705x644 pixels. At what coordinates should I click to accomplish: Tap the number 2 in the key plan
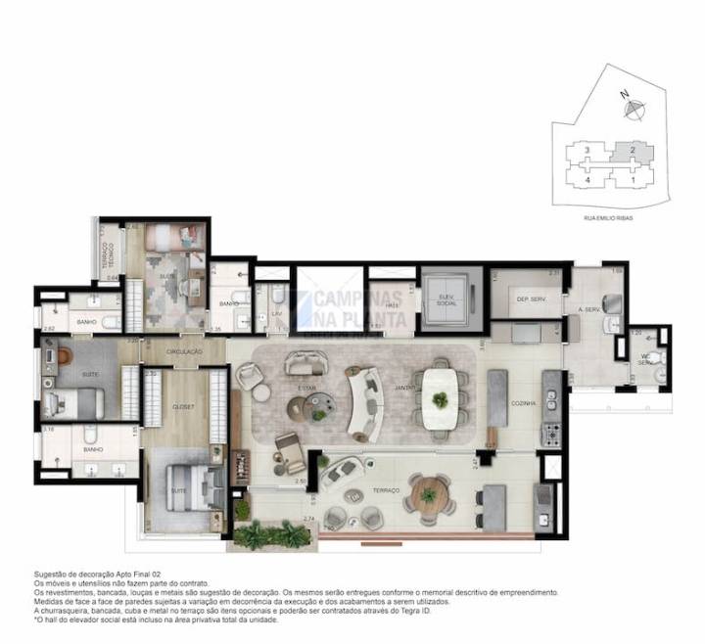(633, 150)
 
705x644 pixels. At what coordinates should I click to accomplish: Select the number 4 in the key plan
(586, 181)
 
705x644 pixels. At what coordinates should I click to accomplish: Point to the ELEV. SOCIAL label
(446, 299)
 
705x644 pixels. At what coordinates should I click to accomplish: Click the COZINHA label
(524, 402)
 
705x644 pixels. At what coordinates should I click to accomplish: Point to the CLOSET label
(183, 405)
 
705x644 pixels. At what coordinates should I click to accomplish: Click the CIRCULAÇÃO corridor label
(184, 350)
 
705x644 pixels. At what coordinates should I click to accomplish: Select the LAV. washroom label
(277, 312)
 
